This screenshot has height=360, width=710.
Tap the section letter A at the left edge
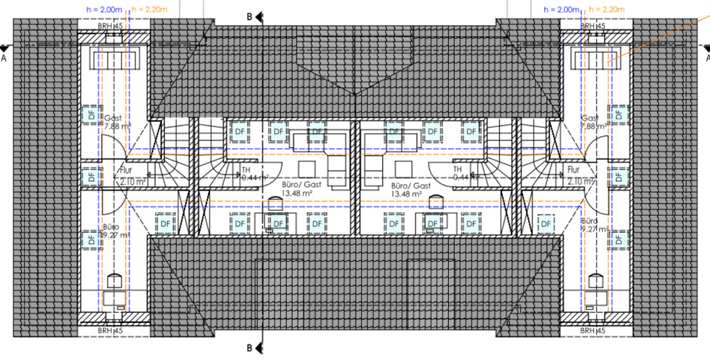click(5, 56)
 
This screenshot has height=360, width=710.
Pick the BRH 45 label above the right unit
click(595, 26)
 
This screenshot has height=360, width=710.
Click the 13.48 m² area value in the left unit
click(280, 194)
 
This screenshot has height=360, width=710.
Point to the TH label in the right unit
click(457, 169)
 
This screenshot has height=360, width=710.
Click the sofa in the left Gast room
click(109, 60)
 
